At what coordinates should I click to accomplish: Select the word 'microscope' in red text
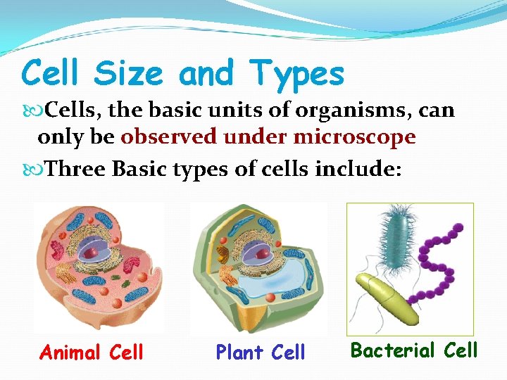point(354,137)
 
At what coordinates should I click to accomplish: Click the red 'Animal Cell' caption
point(92,351)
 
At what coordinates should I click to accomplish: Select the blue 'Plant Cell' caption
point(261,352)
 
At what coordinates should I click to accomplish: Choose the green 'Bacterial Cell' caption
point(414,350)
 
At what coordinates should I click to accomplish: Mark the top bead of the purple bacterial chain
point(458,228)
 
